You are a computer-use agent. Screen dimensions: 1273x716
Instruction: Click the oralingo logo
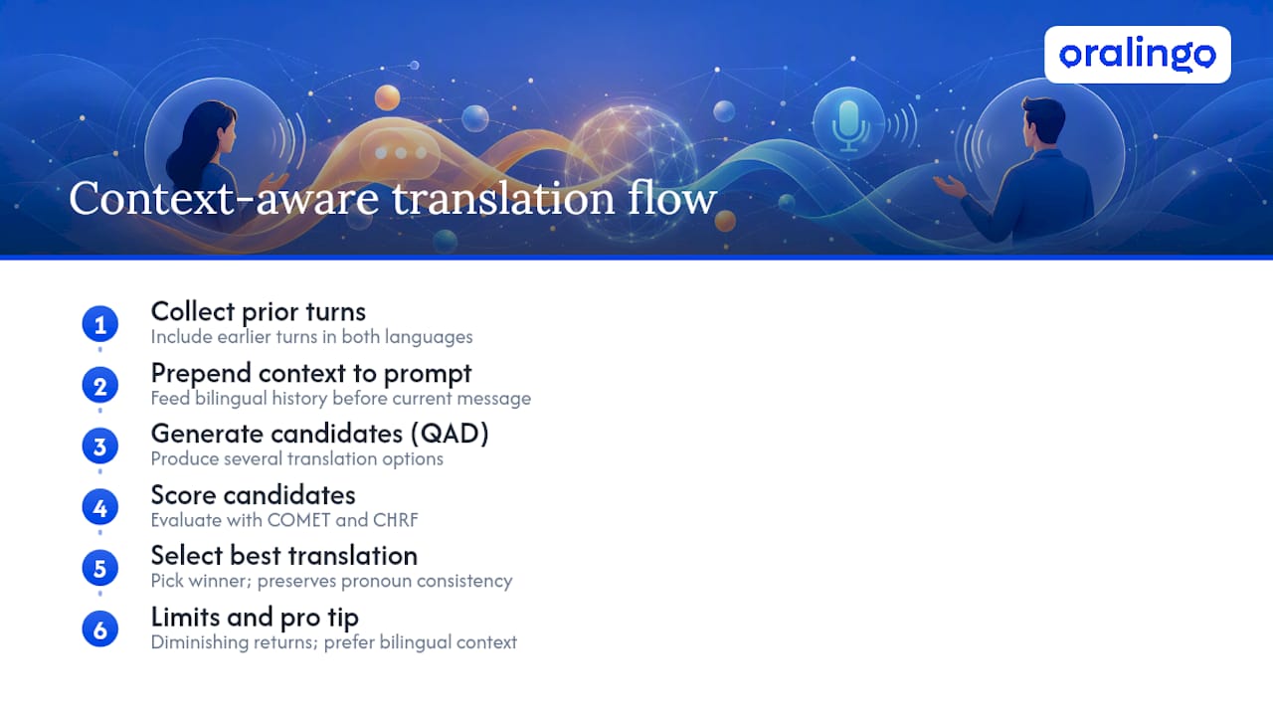click(x=1137, y=55)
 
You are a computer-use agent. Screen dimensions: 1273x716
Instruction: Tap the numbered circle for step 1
click(x=100, y=324)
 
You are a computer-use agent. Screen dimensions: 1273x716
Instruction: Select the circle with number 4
click(x=100, y=507)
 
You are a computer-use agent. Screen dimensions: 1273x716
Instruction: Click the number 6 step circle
click(x=100, y=629)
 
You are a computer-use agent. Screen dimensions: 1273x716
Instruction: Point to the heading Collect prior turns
click(x=258, y=312)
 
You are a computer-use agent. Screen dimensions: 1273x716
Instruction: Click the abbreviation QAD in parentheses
click(x=450, y=434)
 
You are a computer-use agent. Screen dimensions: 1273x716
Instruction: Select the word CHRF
click(x=396, y=520)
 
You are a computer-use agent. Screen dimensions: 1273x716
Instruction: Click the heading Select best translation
click(x=284, y=556)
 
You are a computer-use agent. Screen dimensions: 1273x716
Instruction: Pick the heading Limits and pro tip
click(x=255, y=618)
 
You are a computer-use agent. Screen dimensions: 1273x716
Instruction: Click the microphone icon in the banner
click(x=848, y=125)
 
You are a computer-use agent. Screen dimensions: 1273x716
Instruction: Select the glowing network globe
click(x=631, y=166)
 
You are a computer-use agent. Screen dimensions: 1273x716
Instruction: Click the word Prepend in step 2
click(x=201, y=374)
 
